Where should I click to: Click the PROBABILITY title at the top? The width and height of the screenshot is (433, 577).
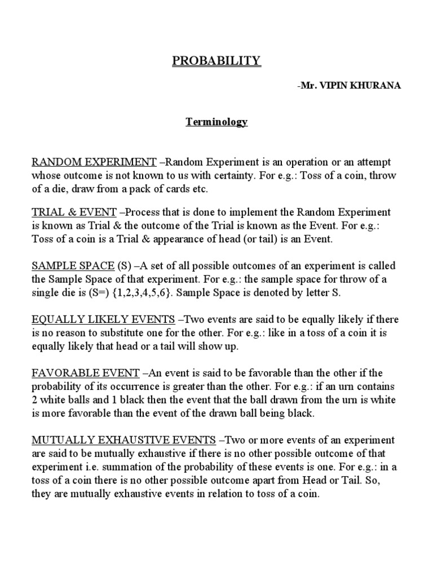216,61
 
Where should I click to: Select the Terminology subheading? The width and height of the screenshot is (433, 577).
216,122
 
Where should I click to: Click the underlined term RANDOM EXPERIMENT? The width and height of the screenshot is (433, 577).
94,162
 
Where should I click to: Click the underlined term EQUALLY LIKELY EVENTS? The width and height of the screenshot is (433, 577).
104,319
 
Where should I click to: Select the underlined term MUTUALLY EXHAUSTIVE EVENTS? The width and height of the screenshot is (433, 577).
123,440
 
